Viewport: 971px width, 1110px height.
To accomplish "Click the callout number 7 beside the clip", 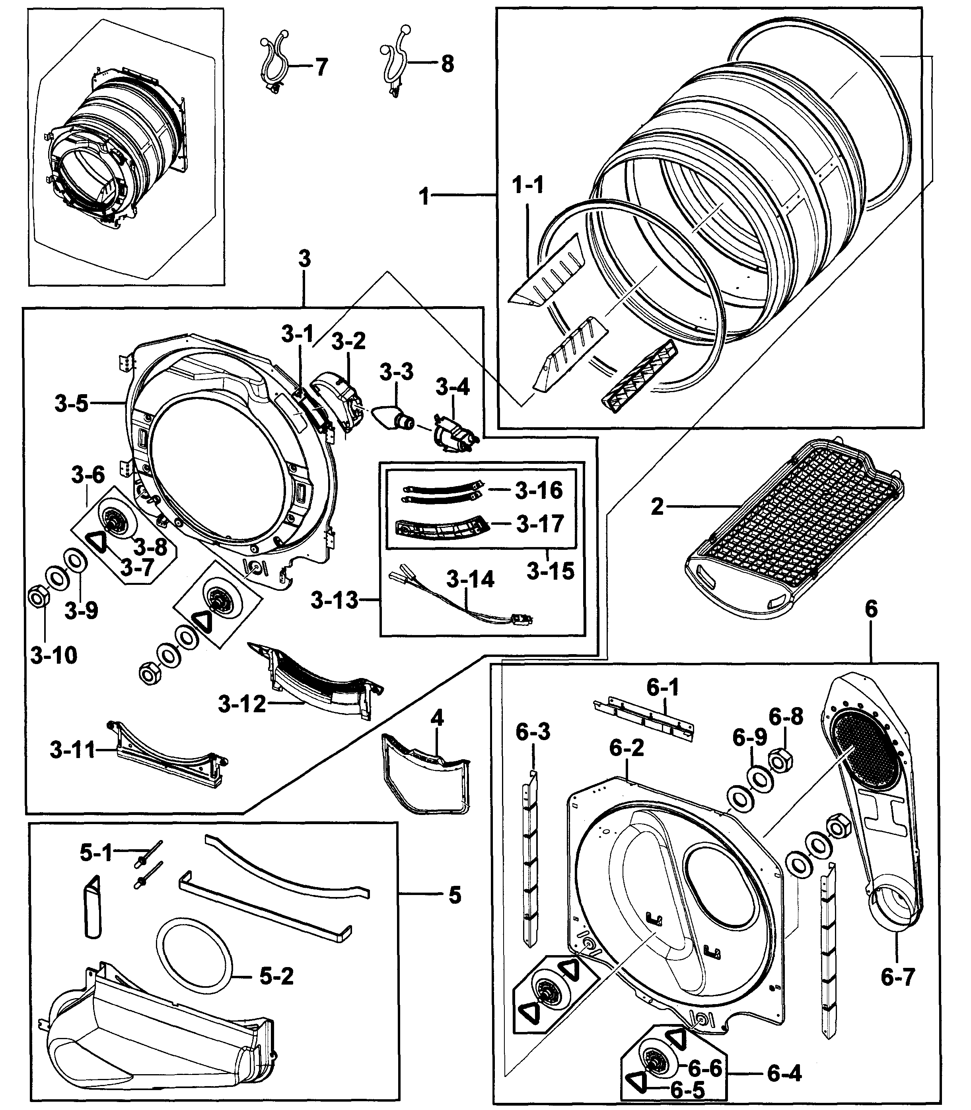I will tap(321, 68).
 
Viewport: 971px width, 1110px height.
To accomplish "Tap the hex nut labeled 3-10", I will tap(39, 599).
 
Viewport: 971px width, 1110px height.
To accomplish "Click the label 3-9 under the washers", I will tap(81, 611).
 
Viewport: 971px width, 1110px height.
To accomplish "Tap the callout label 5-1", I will tap(96, 853).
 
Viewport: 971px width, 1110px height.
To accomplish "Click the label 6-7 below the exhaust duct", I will tap(897, 977).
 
